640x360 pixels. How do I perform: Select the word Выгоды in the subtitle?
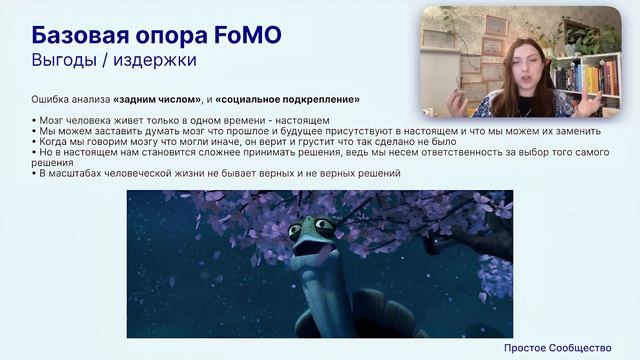tap(62, 60)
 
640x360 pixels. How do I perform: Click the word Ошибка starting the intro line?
tap(50, 100)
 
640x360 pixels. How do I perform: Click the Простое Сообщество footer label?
tap(557, 347)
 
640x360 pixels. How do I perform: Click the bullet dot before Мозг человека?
tap(34, 120)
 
